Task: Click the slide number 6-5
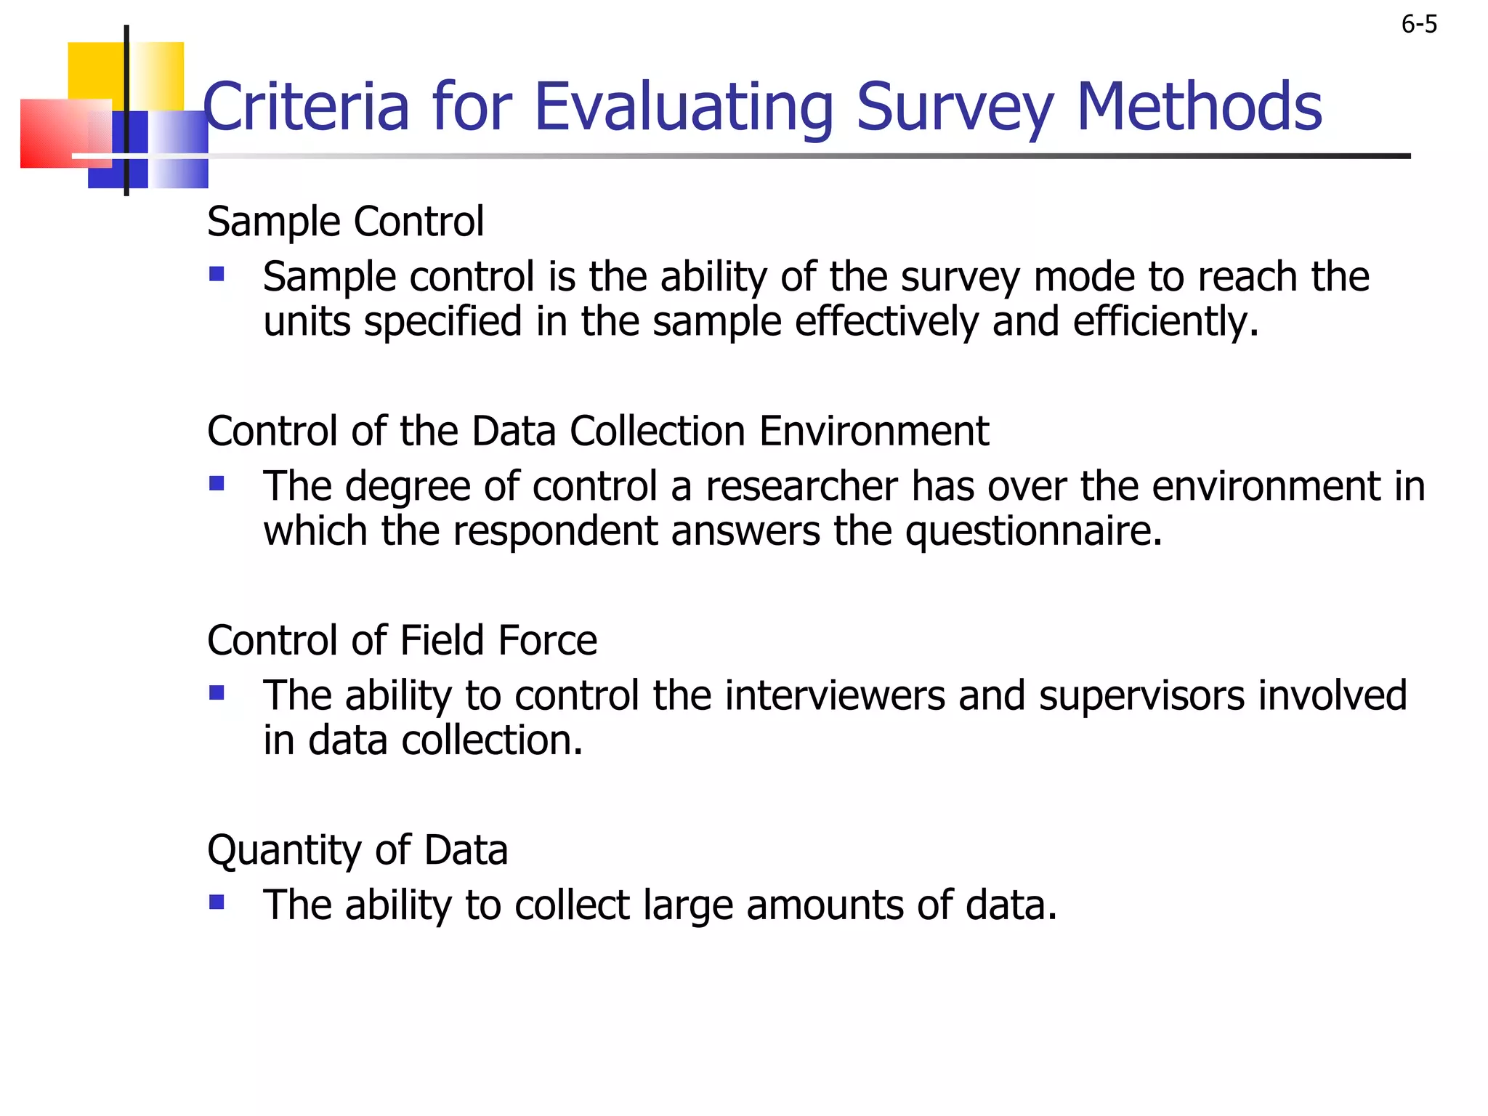(1418, 25)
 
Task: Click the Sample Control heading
(345, 222)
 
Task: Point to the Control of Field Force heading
(402, 641)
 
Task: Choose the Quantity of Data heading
(357, 850)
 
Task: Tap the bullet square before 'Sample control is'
(217, 275)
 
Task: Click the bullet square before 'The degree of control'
(217, 484)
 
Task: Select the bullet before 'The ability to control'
(217, 693)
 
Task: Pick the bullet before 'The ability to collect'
(217, 902)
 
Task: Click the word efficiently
(1165, 322)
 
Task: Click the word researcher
(801, 486)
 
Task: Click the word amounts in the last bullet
(825, 905)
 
